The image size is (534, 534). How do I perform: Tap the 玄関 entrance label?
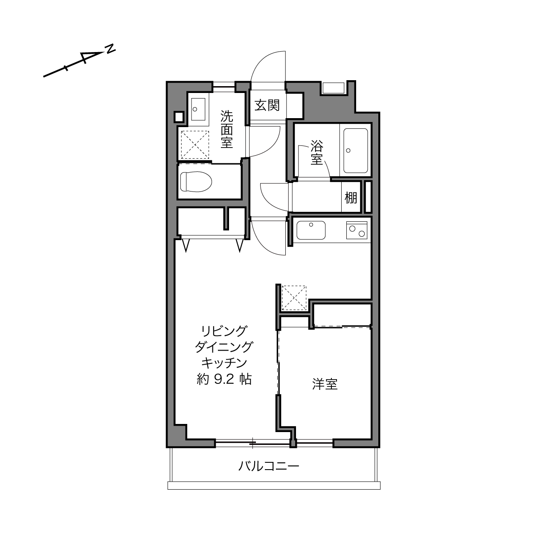(x=267, y=105)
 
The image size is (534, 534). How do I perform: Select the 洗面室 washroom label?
(x=226, y=129)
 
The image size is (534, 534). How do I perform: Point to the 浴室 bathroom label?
(x=316, y=153)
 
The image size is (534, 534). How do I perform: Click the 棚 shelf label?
(x=351, y=197)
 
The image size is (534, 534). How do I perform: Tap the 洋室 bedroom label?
(x=325, y=384)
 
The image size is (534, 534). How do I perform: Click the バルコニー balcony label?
(x=269, y=466)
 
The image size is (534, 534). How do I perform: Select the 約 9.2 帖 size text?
(x=224, y=379)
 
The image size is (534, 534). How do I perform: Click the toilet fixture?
(x=196, y=182)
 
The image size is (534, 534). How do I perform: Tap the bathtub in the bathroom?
(x=356, y=151)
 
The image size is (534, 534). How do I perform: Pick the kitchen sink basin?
(x=311, y=230)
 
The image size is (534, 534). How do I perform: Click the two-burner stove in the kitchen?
(x=357, y=230)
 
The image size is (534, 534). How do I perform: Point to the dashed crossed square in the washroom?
(x=195, y=145)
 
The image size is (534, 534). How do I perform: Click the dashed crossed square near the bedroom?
(x=294, y=298)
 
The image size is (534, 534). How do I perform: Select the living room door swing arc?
(x=262, y=244)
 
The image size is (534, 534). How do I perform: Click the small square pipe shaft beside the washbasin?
(x=179, y=117)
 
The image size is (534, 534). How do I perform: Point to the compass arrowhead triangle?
(x=89, y=57)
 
